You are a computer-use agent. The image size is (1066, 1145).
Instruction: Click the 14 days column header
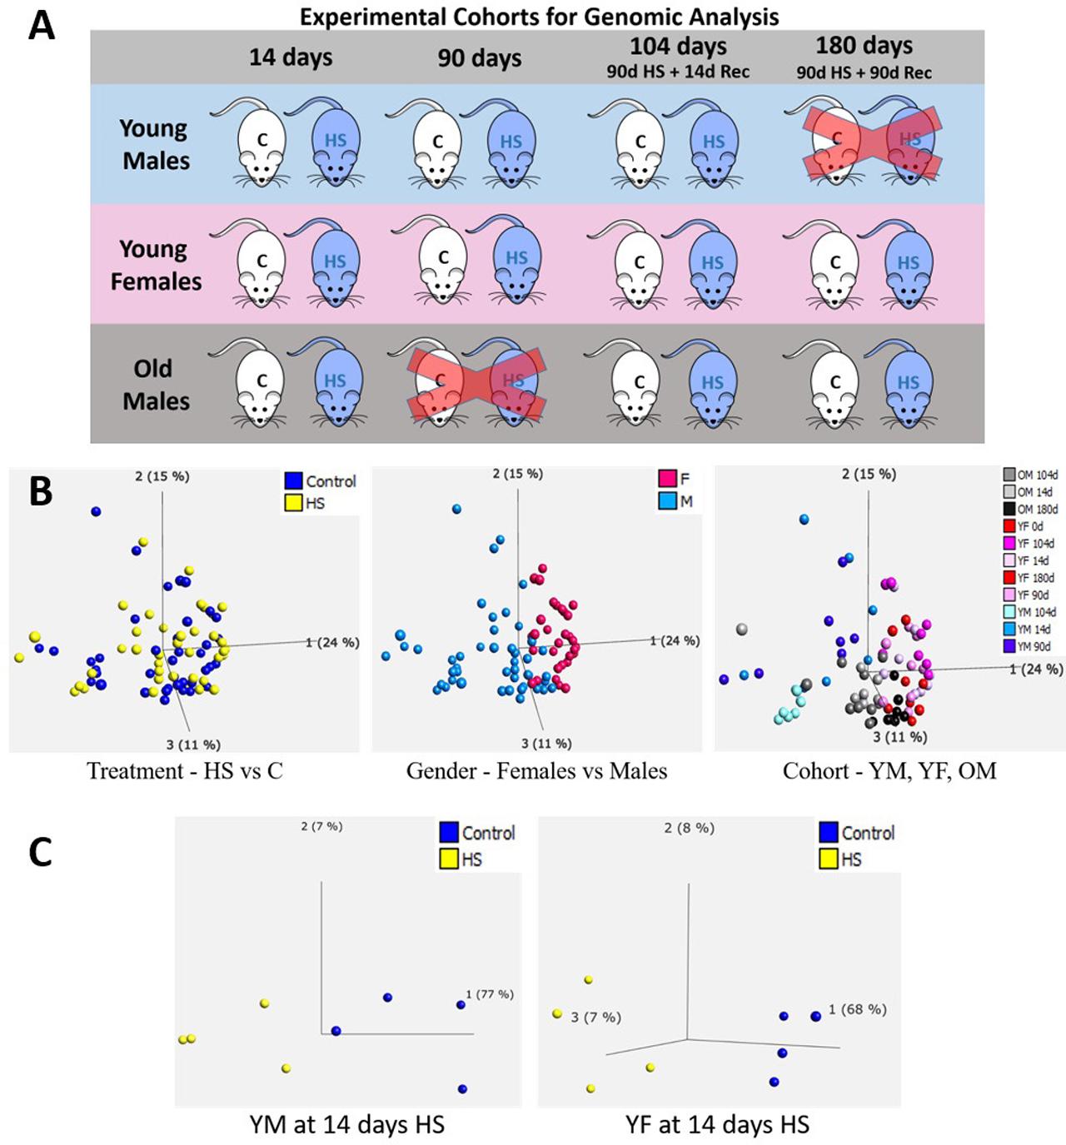(291, 57)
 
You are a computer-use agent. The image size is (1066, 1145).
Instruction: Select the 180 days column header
(864, 46)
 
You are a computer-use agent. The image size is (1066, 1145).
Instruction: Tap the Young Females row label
(156, 265)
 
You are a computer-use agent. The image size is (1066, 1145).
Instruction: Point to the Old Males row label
(156, 385)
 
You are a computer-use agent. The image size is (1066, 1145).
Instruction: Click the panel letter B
(41, 492)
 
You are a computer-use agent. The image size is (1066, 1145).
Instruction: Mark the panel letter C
(41, 852)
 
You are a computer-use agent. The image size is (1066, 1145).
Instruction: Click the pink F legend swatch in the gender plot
(666, 479)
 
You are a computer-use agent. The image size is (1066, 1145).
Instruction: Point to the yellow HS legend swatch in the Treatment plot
(292, 503)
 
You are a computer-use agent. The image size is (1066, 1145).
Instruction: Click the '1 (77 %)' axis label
(490, 994)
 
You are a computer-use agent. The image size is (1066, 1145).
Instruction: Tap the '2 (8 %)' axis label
(689, 828)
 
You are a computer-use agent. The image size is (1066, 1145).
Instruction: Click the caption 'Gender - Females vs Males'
(536, 771)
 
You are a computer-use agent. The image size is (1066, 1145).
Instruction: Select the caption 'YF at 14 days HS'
(717, 1125)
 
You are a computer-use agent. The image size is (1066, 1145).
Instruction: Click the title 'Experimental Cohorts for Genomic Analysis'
(539, 17)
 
